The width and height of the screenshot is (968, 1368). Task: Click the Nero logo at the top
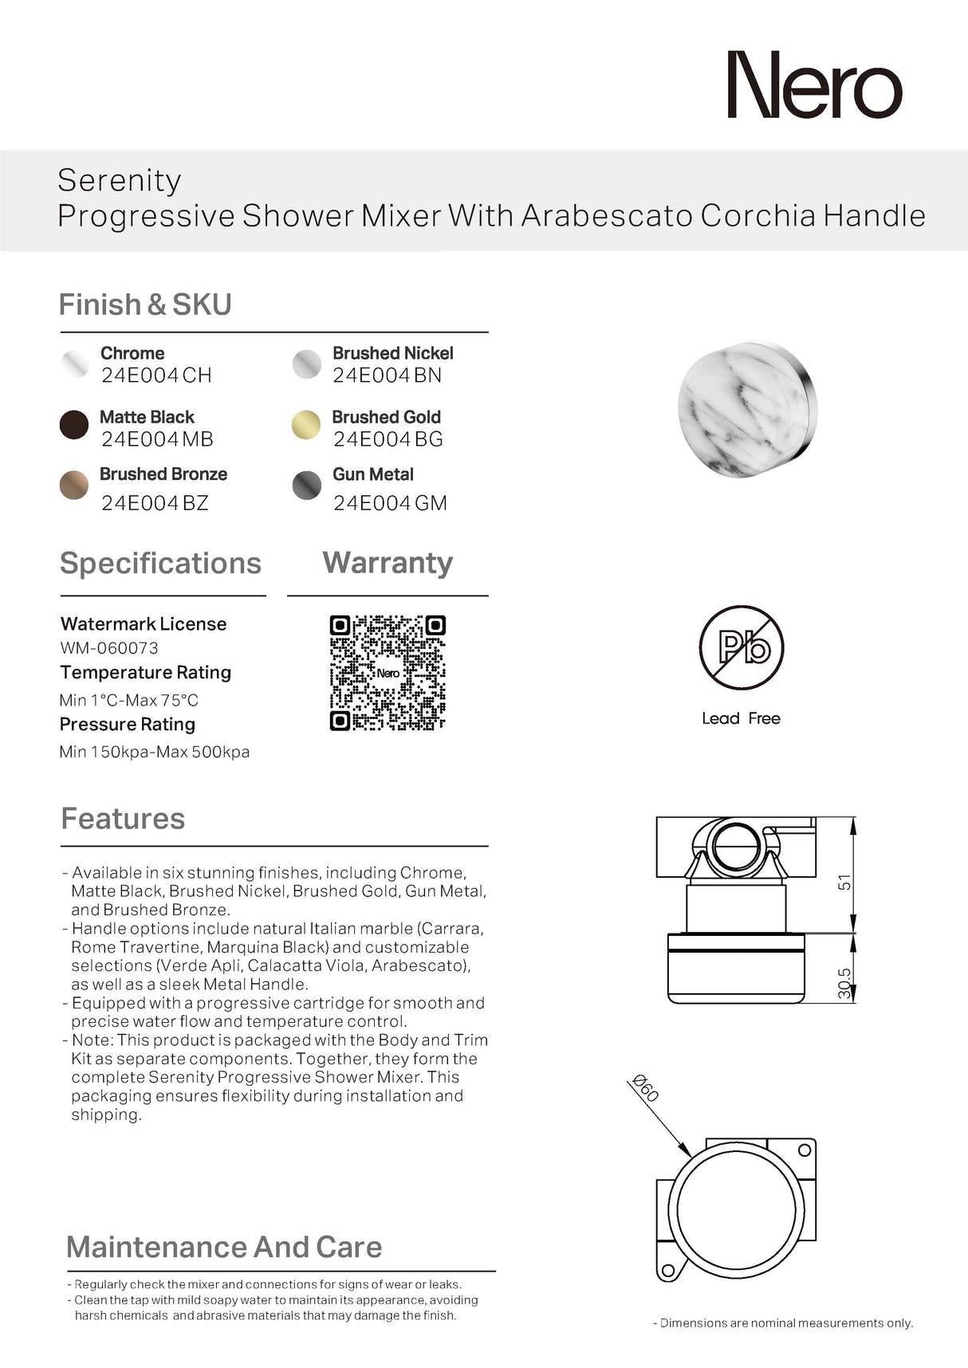[x=814, y=85]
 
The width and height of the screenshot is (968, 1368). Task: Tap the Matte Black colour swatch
[x=74, y=425]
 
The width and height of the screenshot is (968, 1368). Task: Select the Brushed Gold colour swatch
[x=306, y=425]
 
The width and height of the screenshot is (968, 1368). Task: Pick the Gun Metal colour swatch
[x=307, y=485]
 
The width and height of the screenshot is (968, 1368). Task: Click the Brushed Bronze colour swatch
[x=74, y=485]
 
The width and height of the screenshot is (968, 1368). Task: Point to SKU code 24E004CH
[x=156, y=375]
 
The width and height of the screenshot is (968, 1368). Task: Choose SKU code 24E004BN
[x=387, y=375]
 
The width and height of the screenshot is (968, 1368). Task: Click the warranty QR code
[x=388, y=673]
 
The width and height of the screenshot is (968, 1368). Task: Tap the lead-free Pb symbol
[x=741, y=647]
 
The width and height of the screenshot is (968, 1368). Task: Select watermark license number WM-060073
[x=109, y=648]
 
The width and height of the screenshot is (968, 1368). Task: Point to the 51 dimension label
[x=844, y=883]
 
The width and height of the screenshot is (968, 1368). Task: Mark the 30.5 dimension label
[x=844, y=984]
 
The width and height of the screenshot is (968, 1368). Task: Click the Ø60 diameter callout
[x=645, y=1088]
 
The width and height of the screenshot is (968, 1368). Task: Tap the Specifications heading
[x=160, y=564]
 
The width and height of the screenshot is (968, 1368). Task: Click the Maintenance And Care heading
[x=224, y=1247]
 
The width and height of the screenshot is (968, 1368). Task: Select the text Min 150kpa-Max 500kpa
[x=155, y=752]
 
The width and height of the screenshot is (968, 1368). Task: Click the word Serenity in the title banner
[x=120, y=180]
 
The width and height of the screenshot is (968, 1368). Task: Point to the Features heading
[x=123, y=819]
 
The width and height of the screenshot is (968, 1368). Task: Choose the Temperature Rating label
[x=146, y=673]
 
